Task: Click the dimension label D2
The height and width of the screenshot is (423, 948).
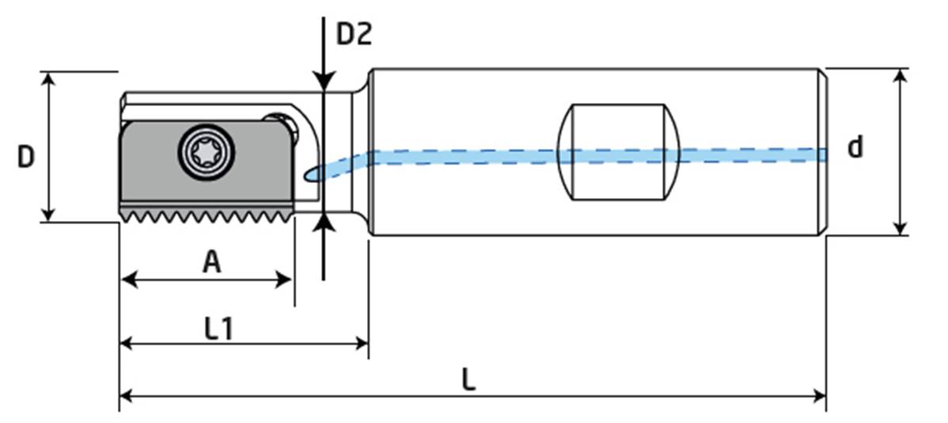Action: (354, 33)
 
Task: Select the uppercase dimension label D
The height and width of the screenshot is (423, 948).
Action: (26, 157)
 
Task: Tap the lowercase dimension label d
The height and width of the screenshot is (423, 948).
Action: (855, 147)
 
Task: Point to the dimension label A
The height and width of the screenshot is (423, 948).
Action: (210, 261)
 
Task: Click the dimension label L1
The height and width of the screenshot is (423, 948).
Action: (218, 329)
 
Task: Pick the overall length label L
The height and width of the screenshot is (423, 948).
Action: (469, 381)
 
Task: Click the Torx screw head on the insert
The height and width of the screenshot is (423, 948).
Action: (207, 151)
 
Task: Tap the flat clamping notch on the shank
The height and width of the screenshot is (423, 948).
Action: (619, 151)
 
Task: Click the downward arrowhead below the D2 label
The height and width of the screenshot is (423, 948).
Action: (324, 82)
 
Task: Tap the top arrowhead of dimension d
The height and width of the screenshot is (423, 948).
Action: (900, 76)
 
